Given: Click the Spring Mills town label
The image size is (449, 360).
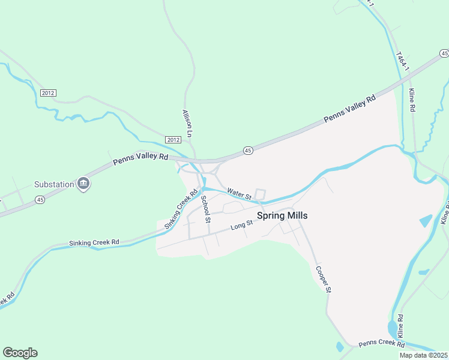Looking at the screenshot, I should click(282, 215).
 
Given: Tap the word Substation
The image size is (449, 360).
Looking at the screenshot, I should click(53, 184).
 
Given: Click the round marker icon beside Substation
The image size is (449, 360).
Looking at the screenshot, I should click(84, 184).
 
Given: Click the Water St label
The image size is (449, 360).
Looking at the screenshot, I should click(239, 194).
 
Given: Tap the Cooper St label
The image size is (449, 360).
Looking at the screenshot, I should click(323, 280).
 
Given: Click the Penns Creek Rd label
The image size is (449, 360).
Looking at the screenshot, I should click(382, 344).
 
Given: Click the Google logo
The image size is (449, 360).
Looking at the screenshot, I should click(20, 353).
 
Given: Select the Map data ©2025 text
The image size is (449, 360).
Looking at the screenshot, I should click(423, 355).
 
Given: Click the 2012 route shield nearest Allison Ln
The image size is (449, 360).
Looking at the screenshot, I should click(173, 140).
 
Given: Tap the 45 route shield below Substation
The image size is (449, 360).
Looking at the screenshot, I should click(40, 199).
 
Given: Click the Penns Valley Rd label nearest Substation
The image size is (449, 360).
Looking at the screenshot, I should click(140, 160).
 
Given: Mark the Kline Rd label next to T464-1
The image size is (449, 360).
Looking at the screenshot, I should click(412, 100).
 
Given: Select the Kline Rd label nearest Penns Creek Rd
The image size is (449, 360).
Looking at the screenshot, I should click(400, 326).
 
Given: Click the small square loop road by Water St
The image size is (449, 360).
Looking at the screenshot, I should click(260, 194).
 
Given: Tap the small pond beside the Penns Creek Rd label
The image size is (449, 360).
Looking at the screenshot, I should click(340, 346).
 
